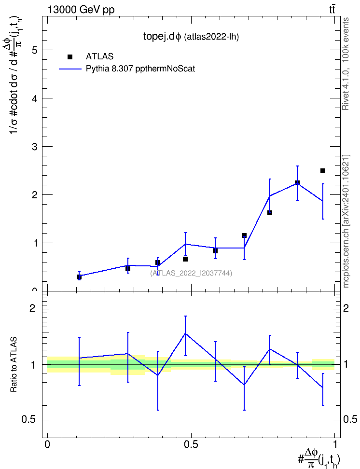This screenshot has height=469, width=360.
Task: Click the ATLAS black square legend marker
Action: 70,57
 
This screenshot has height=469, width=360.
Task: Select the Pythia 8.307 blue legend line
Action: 70,69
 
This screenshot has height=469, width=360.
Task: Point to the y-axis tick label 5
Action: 35,50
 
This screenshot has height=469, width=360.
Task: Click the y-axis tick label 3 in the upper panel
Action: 35,147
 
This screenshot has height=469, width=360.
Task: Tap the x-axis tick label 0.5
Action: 191,444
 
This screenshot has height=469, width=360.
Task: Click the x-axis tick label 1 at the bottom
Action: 335,444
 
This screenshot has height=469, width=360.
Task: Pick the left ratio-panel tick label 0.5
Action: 29,420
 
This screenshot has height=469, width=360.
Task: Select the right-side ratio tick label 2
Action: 346,308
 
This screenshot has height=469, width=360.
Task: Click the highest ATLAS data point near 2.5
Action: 322,171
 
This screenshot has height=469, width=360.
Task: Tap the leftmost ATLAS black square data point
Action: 79,277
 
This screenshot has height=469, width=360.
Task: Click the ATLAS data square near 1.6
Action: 270,213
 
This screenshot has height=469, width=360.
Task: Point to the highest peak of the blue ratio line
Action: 185,333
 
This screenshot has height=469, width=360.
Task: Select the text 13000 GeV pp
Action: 81,10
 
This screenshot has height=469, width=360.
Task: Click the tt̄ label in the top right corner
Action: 332,10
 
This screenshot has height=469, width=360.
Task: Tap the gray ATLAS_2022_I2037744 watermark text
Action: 191,273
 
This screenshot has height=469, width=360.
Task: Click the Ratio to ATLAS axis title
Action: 14,364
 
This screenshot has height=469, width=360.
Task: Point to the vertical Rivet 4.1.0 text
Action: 346,64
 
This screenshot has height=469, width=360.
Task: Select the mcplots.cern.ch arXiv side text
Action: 346,221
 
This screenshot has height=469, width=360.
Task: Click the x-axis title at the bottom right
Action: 318,458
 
